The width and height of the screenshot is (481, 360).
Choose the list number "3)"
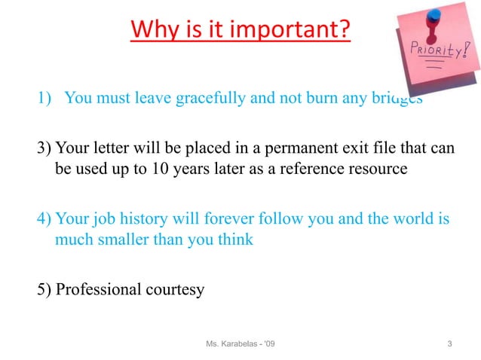[44, 148]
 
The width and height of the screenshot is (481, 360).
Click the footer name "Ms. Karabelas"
[233, 345]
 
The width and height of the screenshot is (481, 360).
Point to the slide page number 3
[449, 345]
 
